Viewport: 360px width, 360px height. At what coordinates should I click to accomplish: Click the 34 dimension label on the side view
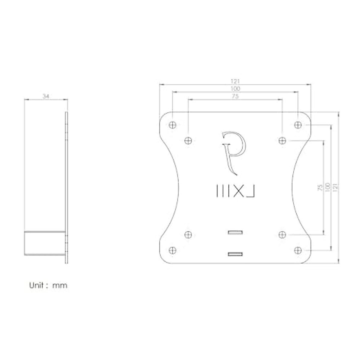(46, 96)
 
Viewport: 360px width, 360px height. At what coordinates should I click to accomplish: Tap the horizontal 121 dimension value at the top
(235, 81)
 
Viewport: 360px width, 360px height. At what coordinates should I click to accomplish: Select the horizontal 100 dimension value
(235, 89)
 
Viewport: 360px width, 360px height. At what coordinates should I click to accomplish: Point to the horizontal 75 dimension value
(235, 96)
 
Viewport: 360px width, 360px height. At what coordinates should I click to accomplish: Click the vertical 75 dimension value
(320, 187)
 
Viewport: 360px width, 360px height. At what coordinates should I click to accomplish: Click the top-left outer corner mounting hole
(172, 125)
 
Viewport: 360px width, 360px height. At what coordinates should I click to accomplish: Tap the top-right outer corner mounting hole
(298, 125)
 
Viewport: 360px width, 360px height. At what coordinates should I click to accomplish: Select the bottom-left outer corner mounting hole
(172, 250)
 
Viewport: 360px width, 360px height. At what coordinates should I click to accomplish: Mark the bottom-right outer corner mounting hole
(298, 250)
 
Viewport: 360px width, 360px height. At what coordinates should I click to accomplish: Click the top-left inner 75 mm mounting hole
(188, 140)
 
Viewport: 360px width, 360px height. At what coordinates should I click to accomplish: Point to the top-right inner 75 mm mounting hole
(282, 140)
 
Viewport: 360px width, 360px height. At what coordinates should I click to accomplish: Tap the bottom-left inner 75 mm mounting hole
(188, 234)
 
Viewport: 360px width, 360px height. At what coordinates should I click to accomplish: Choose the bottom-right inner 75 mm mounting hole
(282, 234)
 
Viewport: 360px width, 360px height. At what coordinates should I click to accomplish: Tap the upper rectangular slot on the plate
(235, 232)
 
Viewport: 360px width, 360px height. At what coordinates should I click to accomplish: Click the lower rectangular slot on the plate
(235, 254)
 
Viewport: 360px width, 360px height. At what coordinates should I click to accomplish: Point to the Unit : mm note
(48, 285)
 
